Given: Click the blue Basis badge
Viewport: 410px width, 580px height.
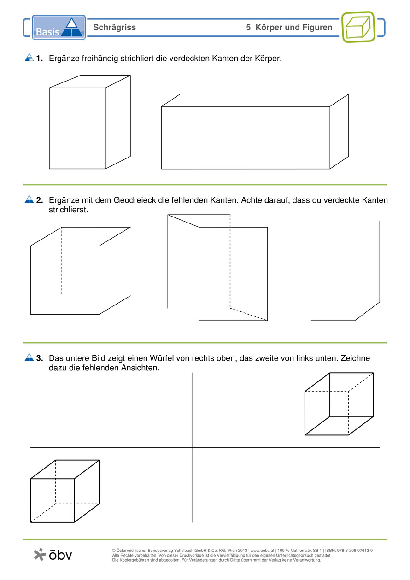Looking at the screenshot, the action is (x=59, y=27).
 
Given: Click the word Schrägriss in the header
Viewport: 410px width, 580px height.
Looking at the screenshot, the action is (x=115, y=28).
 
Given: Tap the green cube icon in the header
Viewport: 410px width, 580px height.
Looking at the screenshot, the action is (x=358, y=27).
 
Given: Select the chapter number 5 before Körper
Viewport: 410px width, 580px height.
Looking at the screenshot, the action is (x=248, y=27).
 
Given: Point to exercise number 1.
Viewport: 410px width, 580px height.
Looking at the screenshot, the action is (x=39, y=58).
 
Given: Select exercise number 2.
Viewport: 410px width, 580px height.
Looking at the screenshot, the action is (x=39, y=200).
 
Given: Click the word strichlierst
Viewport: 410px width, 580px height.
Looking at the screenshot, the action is (x=68, y=210).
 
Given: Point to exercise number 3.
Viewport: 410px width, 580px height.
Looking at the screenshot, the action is (x=39, y=358).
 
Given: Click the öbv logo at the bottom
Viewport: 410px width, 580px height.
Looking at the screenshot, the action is (x=53, y=555).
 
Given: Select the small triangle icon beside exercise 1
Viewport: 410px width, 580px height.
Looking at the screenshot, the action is (x=29, y=58).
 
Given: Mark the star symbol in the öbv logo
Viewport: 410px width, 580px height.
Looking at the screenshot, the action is (x=40, y=554).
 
